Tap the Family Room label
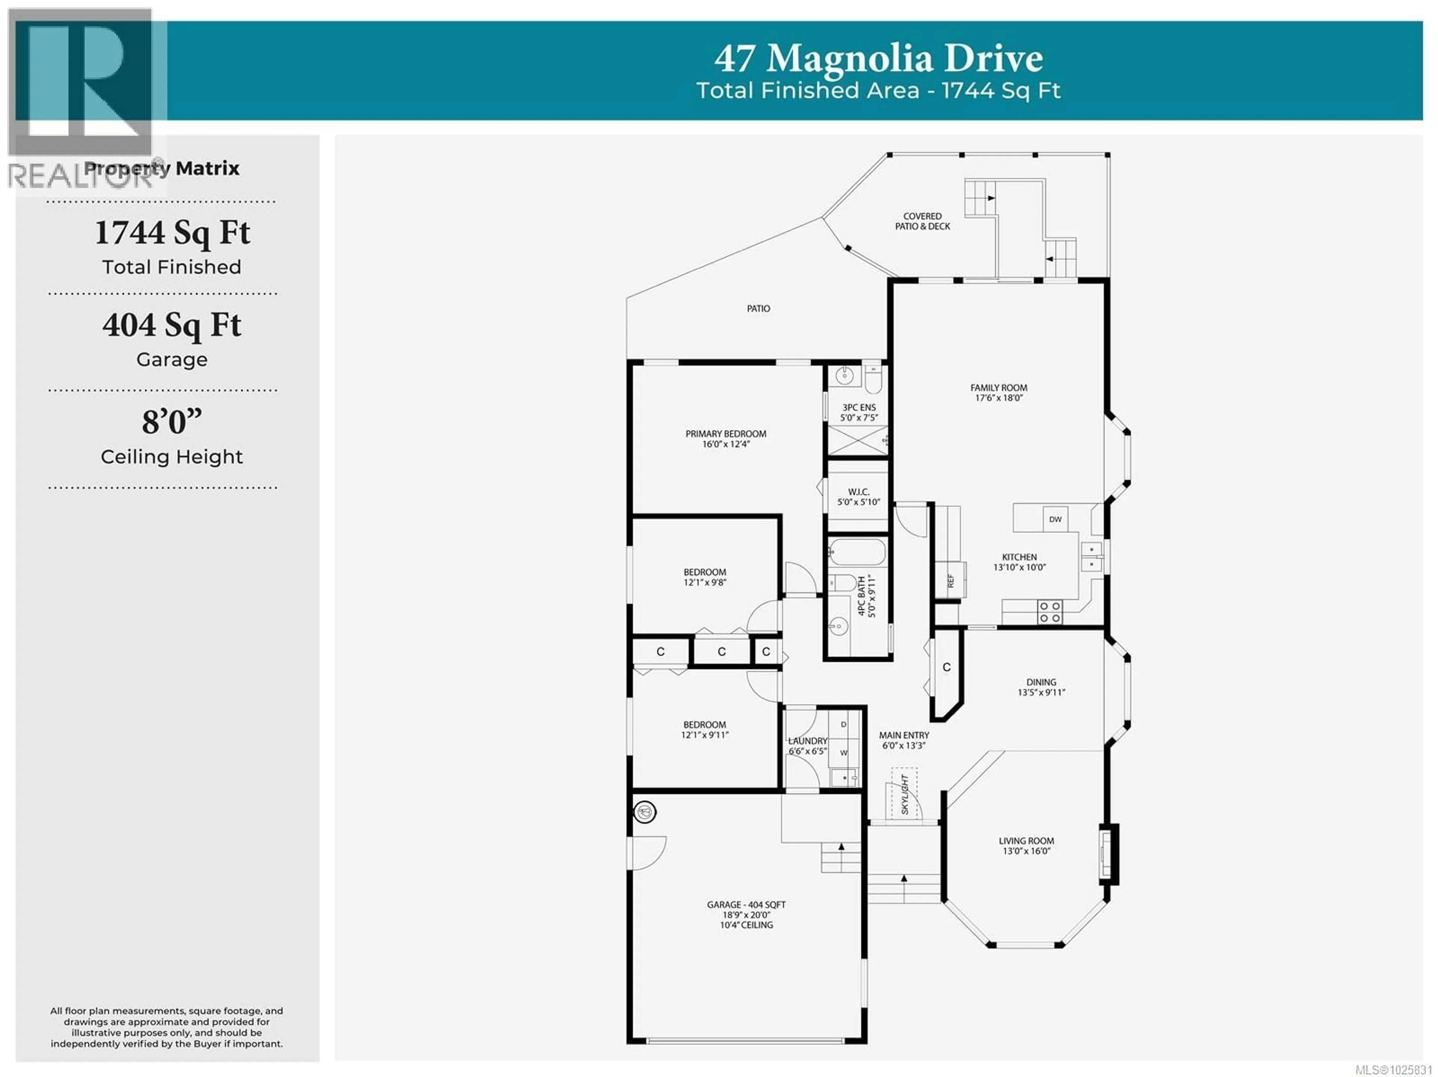coord(998,392)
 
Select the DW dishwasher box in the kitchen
coord(1055,519)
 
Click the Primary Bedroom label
coord(725,439)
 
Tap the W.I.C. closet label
coord(858,497)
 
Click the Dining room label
coord(1041,687)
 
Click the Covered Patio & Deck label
coord(922,221)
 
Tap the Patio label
coord(758,309)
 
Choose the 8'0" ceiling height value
coord(172,422)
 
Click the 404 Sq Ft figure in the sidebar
coord(172,325)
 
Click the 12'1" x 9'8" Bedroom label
coord(705,577)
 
